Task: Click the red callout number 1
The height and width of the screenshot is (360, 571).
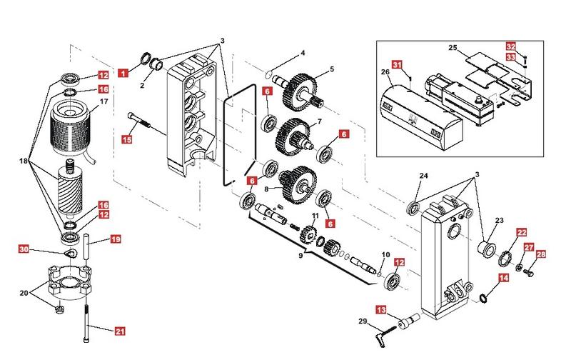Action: pos(123,72)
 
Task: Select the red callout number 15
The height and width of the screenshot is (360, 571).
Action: pos(127,139)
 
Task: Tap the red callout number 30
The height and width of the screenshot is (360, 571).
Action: pos(24,249)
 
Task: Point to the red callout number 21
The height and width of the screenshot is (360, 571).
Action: pos(120,331)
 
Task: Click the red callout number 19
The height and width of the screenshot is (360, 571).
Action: pos(115,240)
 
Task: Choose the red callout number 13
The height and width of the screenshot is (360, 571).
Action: pos(381,310)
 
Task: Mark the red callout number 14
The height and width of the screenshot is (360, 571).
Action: pos(503,279)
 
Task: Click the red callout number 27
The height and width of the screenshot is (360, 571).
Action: pos(529,247)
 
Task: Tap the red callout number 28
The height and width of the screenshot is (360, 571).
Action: pos(540,255)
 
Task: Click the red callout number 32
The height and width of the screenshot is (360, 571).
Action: pos(510,46)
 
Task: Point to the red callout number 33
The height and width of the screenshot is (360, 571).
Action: pos(510,57)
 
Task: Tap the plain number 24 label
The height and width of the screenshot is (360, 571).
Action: pos(423,176)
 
